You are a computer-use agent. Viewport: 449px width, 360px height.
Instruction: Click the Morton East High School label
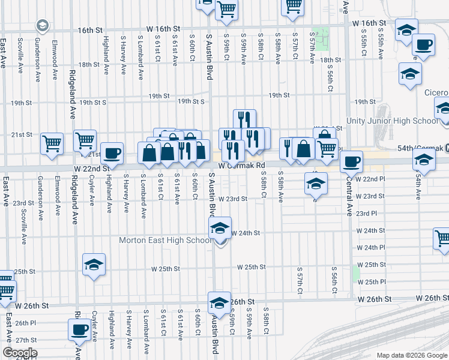[164, 241]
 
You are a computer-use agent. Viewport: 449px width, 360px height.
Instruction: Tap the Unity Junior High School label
[402, 121]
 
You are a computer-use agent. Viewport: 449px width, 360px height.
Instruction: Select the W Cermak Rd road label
[241, 165]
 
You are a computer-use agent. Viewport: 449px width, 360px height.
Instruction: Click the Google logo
[19, 353]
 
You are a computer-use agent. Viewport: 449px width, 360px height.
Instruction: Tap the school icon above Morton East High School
[220, 228]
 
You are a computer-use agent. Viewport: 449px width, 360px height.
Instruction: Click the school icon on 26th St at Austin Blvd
[219, 302]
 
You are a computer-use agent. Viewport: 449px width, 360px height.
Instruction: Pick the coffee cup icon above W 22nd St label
[112, 153]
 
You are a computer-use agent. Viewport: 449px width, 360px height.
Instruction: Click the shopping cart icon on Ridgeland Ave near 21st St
[85, 140]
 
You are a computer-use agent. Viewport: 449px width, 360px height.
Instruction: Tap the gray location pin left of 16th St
[42, 26]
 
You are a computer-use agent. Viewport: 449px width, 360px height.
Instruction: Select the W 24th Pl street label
[370, 247]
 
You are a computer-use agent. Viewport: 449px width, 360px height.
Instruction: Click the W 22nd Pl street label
[370, 179]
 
